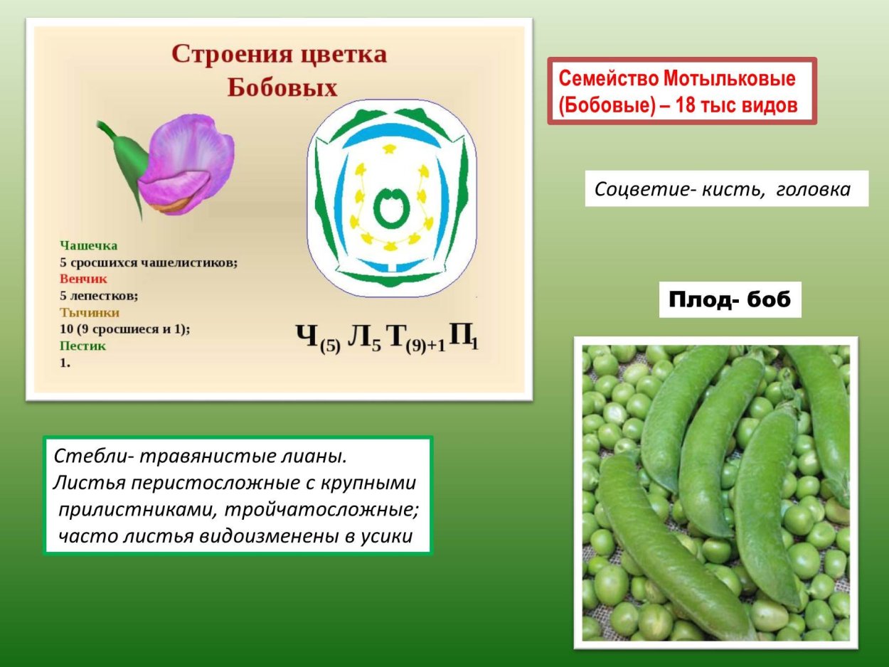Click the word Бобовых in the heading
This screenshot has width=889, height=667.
pyautogui.click(x=282, y=87)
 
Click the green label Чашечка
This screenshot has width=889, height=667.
pyautogui.click(x=88, y=245)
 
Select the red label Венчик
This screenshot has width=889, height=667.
pyautogui.click(x=83, y=279)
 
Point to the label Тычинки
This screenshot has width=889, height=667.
pyautogui.click(x=89, y=312)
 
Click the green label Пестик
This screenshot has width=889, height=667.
pyautogui.click(x=82, y=346)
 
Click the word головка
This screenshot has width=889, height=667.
pyautogui.click(x=813, y=190)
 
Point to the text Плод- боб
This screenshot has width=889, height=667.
pyautogui.click(x=730, y=300)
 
